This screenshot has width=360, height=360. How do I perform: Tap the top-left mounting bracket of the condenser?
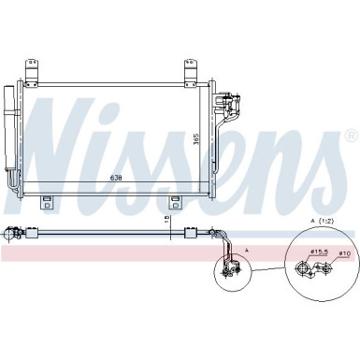coord(34,70)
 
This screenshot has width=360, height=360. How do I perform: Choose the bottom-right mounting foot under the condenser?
coord(175,203)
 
